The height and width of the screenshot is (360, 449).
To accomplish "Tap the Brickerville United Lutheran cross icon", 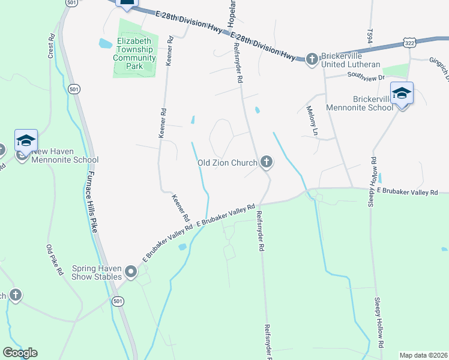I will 312,59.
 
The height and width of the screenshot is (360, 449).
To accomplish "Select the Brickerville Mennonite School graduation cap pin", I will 402,94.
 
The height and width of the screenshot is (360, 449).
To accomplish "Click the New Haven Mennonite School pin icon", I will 26,141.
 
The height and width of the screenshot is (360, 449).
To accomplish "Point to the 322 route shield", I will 409,43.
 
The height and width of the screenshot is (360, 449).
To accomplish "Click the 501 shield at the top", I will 72,4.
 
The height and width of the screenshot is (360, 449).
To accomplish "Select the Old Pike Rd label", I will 55,259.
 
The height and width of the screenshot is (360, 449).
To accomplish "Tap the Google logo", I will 20,353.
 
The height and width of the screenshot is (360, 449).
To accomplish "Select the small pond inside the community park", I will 106,43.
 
